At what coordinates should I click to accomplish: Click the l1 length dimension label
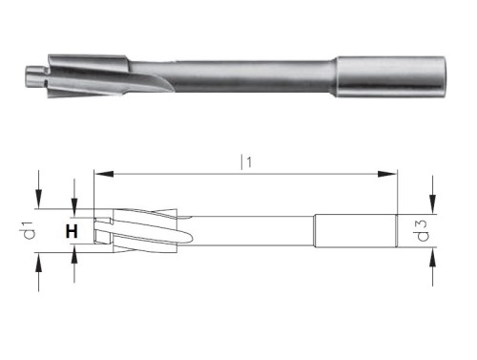pos(246,164)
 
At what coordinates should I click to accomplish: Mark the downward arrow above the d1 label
pos(38,186)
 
